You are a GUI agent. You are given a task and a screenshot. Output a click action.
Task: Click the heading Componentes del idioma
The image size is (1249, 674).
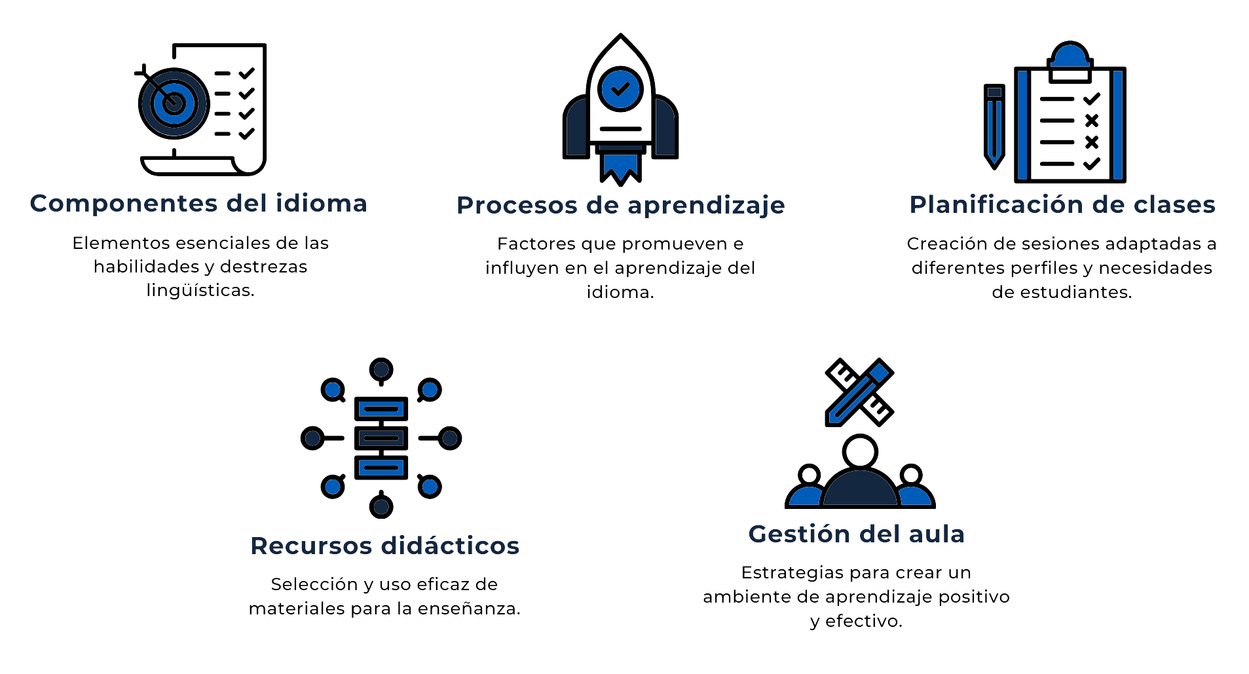198,204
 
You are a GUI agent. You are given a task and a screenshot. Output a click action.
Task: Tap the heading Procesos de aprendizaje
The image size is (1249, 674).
620,206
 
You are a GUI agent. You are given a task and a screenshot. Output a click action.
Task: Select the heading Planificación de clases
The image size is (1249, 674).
1062,205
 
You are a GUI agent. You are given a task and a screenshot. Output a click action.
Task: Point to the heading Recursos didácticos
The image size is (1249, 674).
384,546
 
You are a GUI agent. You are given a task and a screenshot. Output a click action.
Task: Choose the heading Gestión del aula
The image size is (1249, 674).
856,534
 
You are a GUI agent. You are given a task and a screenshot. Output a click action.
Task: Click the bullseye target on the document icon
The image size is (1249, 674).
174,103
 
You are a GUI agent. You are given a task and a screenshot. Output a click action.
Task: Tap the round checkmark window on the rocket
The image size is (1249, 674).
620,88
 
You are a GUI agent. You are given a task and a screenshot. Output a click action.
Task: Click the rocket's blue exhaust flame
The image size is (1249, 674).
620,168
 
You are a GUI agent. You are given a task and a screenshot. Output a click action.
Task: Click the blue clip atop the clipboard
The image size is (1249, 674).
1070,57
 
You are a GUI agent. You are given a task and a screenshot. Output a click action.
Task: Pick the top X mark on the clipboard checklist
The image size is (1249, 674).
1091,121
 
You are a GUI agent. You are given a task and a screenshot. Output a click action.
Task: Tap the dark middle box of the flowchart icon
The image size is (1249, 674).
381,438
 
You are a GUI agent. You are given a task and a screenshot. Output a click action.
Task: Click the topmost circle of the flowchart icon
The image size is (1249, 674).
381,369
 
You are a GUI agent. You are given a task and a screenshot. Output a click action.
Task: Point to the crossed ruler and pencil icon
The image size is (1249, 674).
859,392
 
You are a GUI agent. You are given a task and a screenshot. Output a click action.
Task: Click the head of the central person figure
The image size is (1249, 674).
859,452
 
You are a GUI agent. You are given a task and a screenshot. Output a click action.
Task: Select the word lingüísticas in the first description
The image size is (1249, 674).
200,290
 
